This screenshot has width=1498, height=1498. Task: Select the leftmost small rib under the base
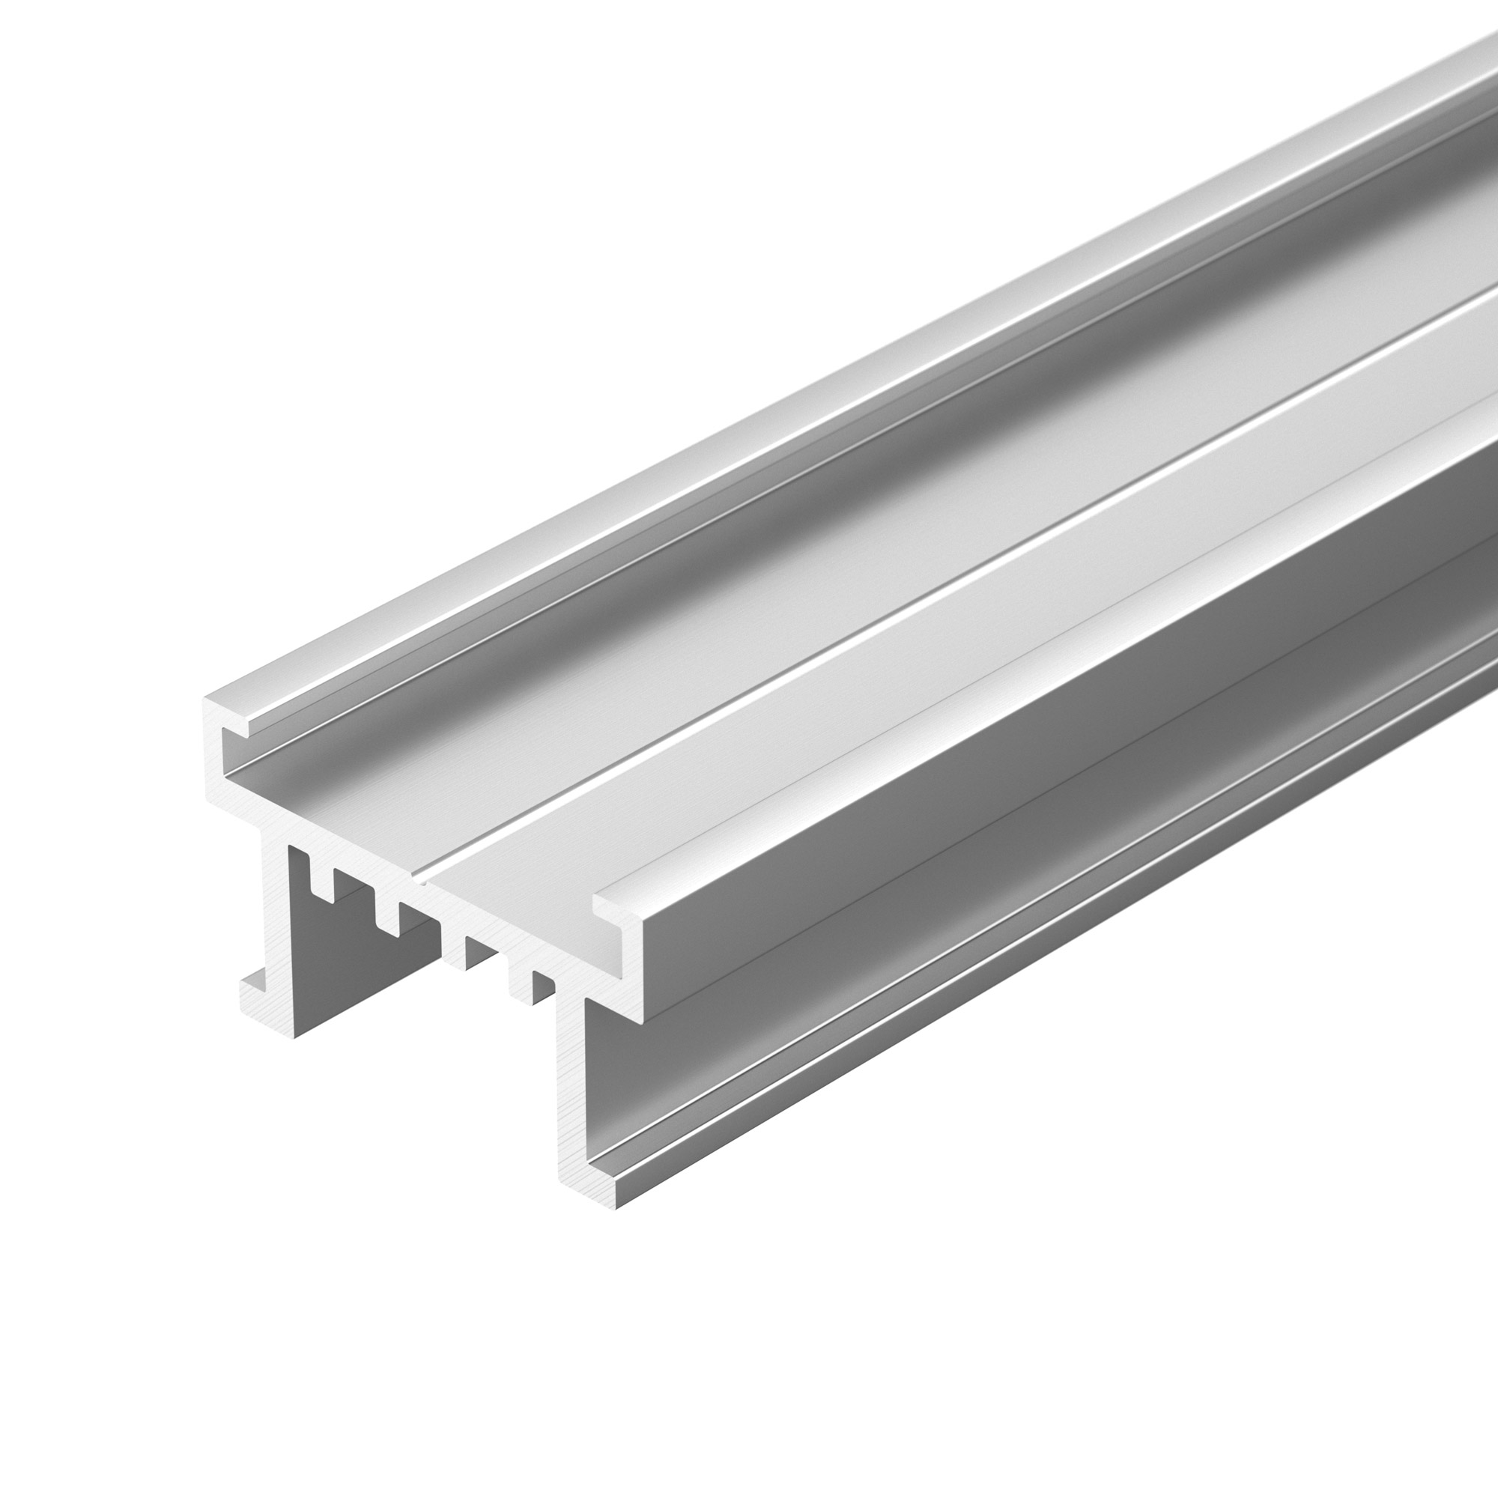click(x=324, y=876)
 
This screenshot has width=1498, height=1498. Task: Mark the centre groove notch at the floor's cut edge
click(x=422, y=878)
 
